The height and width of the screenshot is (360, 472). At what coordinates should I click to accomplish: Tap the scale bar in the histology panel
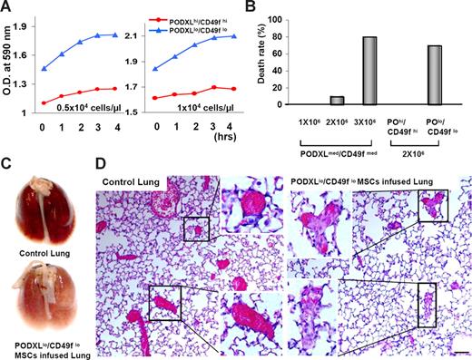pos(459,348)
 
